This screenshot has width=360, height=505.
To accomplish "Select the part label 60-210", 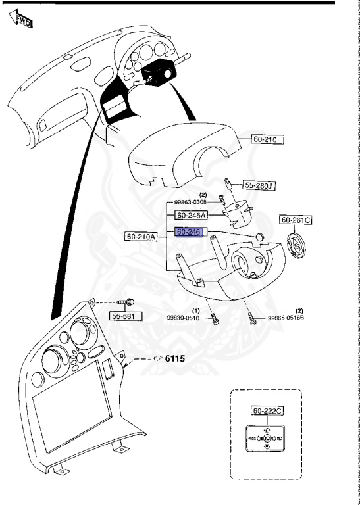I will [268, 139].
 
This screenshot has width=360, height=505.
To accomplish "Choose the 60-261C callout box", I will [296, 220].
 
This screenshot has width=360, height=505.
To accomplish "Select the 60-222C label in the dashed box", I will [268, 411].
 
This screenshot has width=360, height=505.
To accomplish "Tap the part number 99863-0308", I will [192, 201].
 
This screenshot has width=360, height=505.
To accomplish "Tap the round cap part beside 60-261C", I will [296, 247].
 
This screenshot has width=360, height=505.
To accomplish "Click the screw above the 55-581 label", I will [126, 302].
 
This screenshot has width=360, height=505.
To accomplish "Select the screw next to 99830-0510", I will [215, 319].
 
